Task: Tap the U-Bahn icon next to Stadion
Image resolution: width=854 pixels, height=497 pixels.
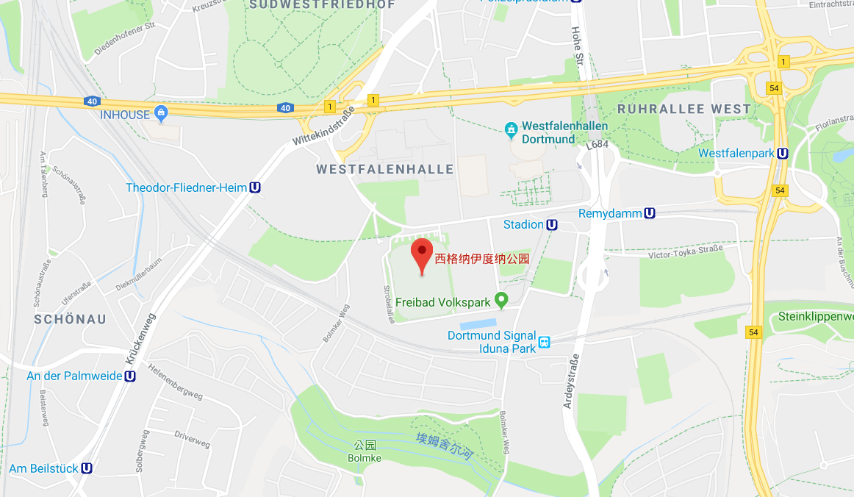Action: [x=552, y=225]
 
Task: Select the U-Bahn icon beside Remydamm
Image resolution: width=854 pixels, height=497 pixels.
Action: [x=650, y=213]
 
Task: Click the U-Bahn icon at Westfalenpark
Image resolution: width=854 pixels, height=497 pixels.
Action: [x=783, y=154]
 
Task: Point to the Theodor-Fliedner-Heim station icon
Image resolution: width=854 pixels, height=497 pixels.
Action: [x=255, y=187]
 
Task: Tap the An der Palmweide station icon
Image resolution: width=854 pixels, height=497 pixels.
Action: [x=130, y=376]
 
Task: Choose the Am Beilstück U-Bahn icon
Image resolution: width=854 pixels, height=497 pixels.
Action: [x=87, y=468]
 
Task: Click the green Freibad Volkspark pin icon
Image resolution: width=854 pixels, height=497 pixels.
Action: [x=501, y=300]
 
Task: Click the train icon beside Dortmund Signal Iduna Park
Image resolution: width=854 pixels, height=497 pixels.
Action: [x=545, y=342]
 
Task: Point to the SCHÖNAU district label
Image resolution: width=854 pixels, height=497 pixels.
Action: [x=71, y=319]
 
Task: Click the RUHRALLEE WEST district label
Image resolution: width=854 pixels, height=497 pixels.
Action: [x=685, y=109]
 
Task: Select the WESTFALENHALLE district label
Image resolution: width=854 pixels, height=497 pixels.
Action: [x=385, y=169]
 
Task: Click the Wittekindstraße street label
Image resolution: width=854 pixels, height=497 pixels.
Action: [x=323, y=125]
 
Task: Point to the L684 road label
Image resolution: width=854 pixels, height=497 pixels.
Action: [x=598, y=145]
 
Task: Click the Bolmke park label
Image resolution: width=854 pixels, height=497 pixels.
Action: [x=365, y=458]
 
